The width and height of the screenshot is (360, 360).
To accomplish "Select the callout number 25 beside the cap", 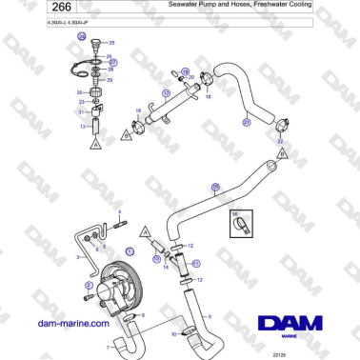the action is click(110, 44).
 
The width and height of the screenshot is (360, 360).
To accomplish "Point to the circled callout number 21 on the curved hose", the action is click(246, 122).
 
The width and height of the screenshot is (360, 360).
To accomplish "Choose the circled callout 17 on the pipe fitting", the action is click(166, 93).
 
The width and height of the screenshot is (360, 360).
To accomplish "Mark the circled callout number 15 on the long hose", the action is click(214, 188).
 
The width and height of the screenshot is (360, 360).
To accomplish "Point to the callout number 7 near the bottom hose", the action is click(106, 348).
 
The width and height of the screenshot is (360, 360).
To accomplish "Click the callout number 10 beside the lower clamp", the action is click(174, 334).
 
